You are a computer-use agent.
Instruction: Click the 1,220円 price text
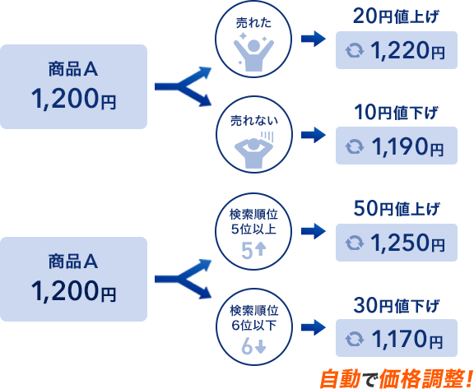pyautogui.click(x=407, y=50)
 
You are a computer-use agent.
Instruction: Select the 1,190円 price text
pyautogui.click(x=407, y=146)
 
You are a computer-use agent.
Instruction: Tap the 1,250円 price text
pyautogui.click(x=407, y=243)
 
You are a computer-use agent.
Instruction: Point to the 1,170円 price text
pyautogui.click(x=407, y=339)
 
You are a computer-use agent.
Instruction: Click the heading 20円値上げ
pyautogui.click(x=396, y=17)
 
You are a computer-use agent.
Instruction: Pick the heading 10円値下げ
pyautogui.click(x=396, y=113)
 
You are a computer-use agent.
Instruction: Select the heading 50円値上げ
pyautogui.click(x=396, y=209)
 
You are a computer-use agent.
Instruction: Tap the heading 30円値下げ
pyautogui.click(x=396, y=306)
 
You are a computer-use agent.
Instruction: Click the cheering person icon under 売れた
pyautogui.click(x=253, y=52)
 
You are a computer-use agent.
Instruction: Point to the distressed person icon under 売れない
pyautogui.click(x=253, y=151)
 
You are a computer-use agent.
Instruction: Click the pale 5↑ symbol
pyautogui.click(x=253, y=251)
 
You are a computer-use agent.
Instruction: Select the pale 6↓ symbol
pyautogui.click(x=253, y=346)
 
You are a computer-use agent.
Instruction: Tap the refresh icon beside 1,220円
pyautogui.click(x=355, y=50)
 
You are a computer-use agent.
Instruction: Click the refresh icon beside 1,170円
pyautogui.click(x=355, y=338)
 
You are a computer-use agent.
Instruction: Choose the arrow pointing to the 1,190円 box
pyautogui.click(x=314, y=135)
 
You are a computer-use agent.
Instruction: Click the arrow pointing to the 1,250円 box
pyautogui.click(x=314, y=231)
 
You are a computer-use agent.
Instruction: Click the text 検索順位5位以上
pyautogui.click(x=253, y=222)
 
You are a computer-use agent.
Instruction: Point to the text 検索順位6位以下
pyautogui.click(x=253, y=318)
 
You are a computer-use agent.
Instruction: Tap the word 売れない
pyautogui.click(x=254, y=121)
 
